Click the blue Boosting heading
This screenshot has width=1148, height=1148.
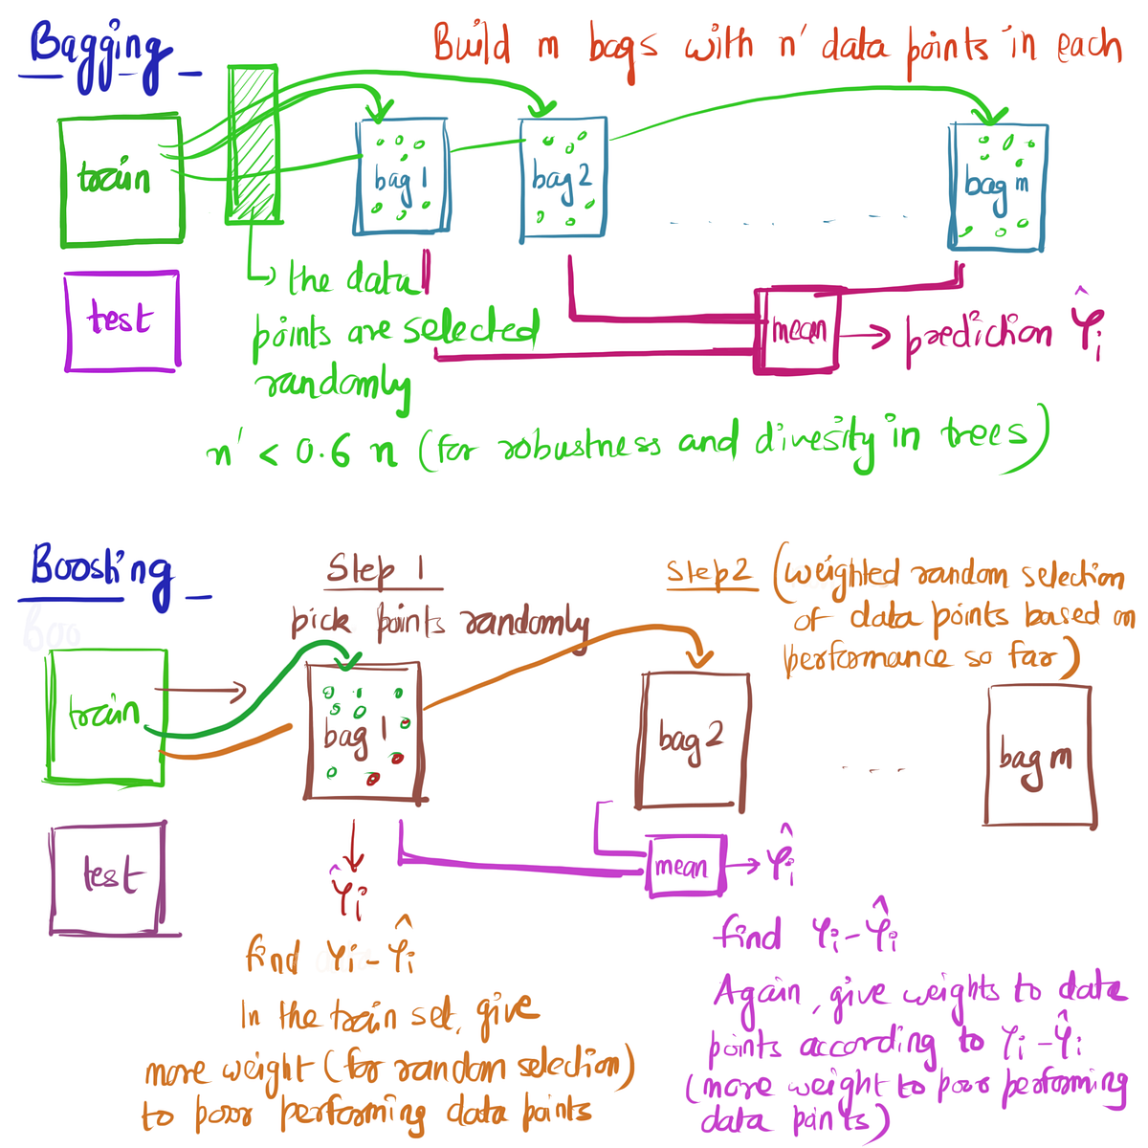(100, 570)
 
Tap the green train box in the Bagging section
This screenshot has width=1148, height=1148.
(121, 181)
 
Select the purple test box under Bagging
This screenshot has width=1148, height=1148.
(121, 320)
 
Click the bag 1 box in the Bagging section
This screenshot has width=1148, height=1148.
(401, 178)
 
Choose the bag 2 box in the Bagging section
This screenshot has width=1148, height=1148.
(563, 178)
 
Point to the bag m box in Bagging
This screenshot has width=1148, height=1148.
(998, 186)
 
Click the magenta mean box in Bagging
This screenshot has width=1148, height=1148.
(797, 331)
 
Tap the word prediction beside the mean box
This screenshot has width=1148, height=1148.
(978, 334)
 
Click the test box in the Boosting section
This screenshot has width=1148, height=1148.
(108, 878)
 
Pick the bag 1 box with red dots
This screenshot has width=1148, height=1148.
(364, 731)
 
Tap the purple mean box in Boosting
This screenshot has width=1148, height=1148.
(686, 866)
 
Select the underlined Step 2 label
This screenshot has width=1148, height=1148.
(709, 573)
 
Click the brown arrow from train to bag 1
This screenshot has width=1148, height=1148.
(201, 690)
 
